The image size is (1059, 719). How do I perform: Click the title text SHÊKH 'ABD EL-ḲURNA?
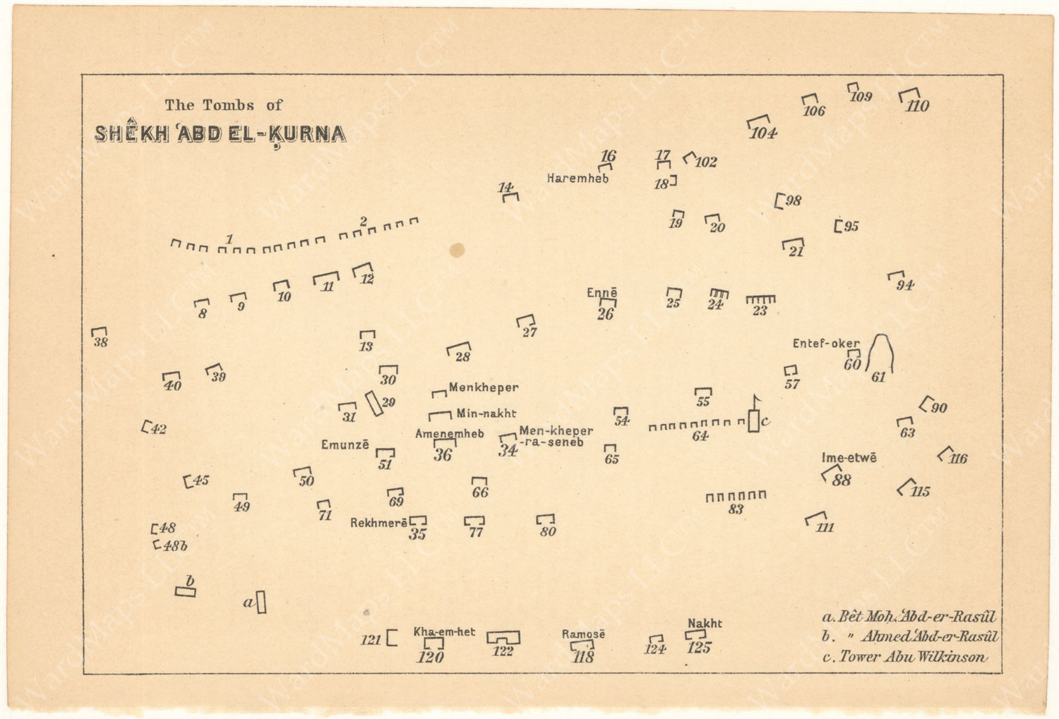[220, 134]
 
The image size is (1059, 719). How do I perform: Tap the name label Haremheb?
[578, 179]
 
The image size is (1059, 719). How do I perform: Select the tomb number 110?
[918, 107]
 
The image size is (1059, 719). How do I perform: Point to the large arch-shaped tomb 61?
[880, 354]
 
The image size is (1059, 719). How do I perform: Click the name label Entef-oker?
[825, 344]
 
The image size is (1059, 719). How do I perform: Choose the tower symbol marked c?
[754, 419]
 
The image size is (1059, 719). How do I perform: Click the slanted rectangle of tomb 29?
[373, 404]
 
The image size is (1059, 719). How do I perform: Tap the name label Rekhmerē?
[378, 524]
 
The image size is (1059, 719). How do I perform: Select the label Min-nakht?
[486, 413]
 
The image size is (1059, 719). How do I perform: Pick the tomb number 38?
[101, 343]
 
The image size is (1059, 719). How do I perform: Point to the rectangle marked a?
[261, 602]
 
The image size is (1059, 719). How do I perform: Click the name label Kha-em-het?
[444, 632]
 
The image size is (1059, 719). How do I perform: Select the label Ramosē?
[583, 634]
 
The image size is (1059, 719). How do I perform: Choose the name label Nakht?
[705, 623]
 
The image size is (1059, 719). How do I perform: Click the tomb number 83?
[736, 509]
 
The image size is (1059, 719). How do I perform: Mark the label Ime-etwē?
[849, 458]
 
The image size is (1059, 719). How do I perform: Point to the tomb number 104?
[763, 133]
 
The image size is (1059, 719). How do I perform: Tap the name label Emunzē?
[345, 445]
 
